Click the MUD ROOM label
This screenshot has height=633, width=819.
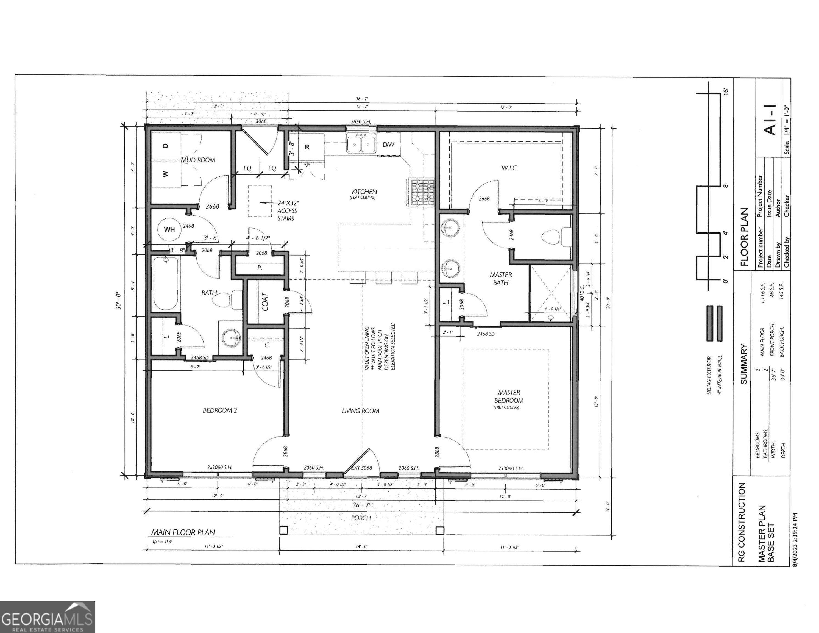pos(198,160)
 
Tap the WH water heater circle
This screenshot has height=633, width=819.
pos(169,229)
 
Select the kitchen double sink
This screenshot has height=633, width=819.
pos(361,144)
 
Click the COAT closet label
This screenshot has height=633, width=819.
pos(265,302)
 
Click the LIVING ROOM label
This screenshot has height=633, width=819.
pos(360,411)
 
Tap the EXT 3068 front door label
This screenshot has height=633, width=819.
pos(361,468)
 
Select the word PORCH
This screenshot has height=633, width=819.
pos(361,518)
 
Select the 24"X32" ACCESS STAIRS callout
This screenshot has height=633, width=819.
pos(287,210)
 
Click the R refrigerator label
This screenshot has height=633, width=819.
pos(307,147)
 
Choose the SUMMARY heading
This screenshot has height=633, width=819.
pos(744,364)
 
